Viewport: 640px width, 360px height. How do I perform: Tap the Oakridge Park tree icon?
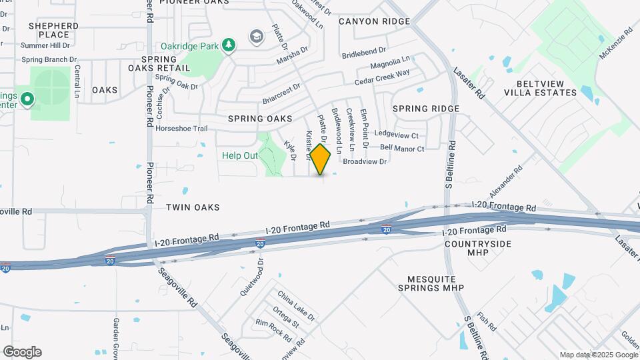pyautogui.click(x=229, y=45)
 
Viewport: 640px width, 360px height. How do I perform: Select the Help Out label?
pyautogui.click(x=240, y=155)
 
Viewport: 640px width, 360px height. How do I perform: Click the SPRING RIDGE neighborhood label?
pyautogui.click(x=426, y=109)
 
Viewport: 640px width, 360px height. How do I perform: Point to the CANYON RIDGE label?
pyautogui.click(x=374, y=21)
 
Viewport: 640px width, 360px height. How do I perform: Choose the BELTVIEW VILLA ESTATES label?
pyautogui.click(x=546, y=88)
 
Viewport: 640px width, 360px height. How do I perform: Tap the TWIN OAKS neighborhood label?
pyautogui.click(x=193, y=207)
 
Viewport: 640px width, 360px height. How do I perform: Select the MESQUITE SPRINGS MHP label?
pyautogui.click(x=436, y=283)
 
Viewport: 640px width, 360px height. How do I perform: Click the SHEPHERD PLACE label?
pyautogui.click(x=54, y=30)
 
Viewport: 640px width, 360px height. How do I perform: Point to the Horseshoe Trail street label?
pyautogui.click(x=182, y=129)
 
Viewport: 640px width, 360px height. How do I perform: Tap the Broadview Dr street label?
pyautogui.click(x=365, y=161)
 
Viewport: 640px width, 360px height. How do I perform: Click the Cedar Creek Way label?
pyautogui.click(x=382, y=77)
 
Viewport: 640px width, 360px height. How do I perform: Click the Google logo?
pyautogui.click(x=22, y=352)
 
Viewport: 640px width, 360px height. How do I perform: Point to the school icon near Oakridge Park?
pyautogui.click(x=256, y=35)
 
